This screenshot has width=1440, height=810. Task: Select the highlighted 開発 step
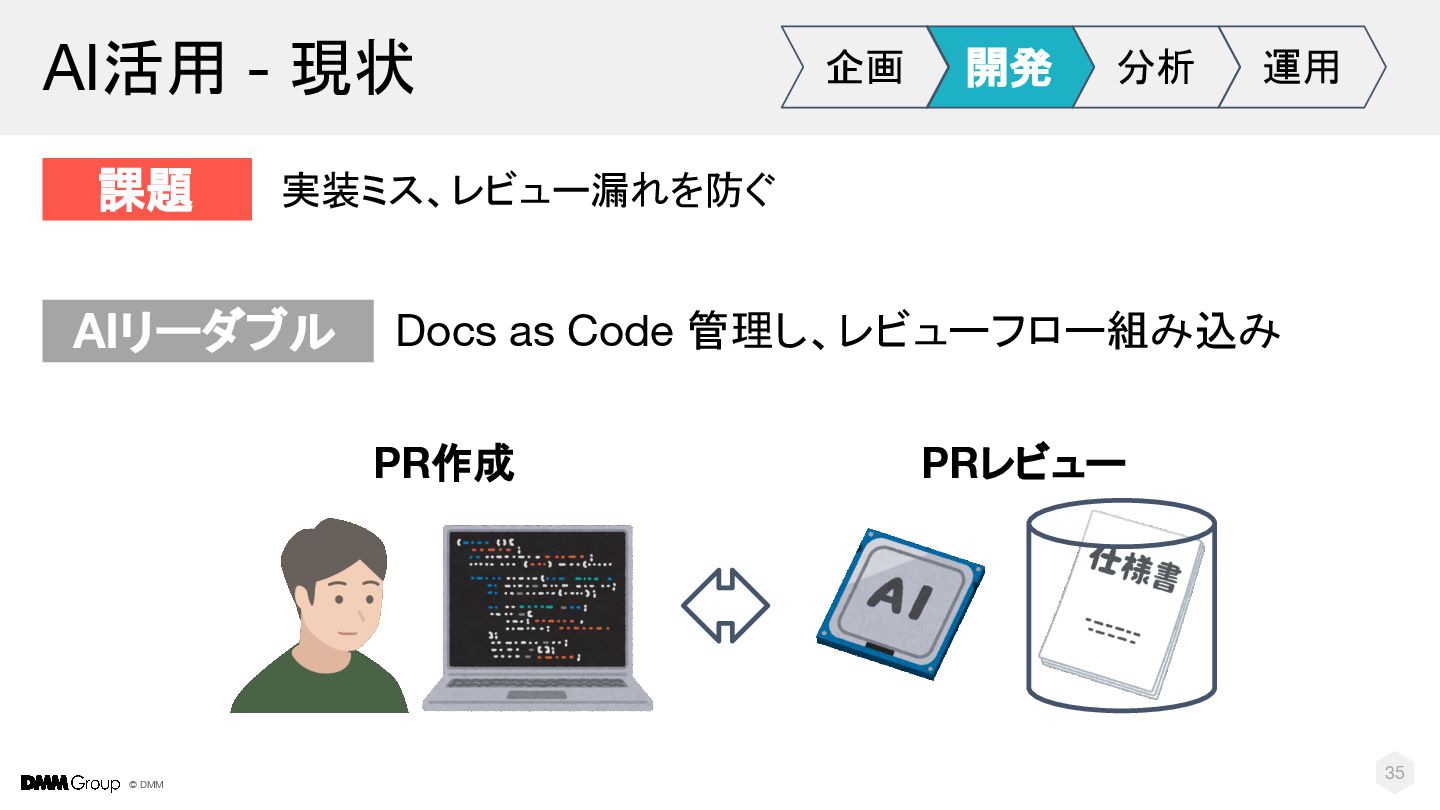coord(1008,67)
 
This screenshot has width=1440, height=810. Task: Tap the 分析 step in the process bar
coord(1155,67)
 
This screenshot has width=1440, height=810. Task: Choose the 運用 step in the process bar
coord(1300,67)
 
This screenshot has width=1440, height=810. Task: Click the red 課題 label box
coord(147,189)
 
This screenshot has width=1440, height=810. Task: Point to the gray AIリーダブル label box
coord(207,331)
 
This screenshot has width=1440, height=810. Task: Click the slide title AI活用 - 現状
coord(228,69)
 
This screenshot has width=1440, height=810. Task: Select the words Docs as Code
coord(534,332)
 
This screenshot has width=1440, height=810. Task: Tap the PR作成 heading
coord(444,463)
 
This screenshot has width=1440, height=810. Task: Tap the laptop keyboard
coord(537,690)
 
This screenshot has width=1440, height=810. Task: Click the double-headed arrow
coord(725,605)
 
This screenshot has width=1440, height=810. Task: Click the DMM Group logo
coord(70,783)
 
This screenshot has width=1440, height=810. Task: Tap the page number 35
coord(1394,772)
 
